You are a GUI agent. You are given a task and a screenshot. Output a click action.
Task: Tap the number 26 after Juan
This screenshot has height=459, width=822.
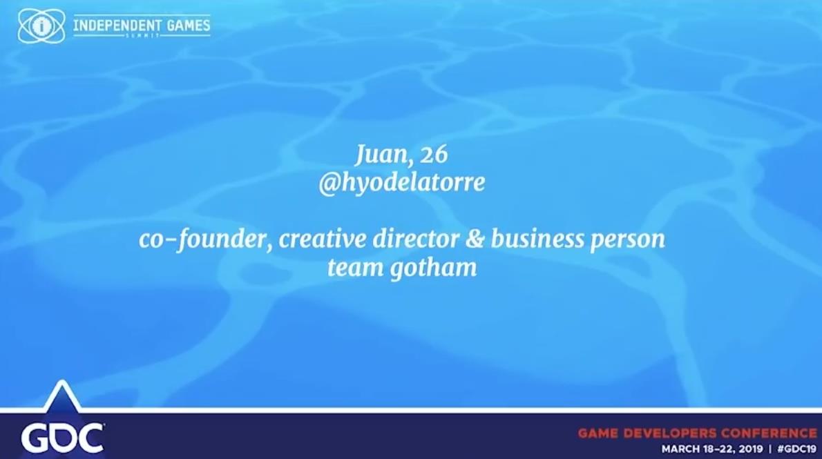tap(434, 154)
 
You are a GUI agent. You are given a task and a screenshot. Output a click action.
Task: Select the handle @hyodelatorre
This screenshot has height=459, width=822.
tap(402, 183)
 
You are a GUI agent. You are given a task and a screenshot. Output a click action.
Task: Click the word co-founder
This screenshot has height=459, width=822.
tap(205, 240)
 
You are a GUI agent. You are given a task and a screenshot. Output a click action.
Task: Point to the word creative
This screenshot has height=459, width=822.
tap(323, 239)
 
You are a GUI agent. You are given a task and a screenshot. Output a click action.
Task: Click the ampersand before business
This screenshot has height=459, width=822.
tap(475, 240)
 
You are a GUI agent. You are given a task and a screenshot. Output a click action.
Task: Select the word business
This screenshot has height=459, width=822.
tap(537, 239)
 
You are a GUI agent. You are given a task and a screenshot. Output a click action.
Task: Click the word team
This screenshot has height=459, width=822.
tap(356, 268)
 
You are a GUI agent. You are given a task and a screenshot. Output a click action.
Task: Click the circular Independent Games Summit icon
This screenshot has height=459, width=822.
tap(41, 26)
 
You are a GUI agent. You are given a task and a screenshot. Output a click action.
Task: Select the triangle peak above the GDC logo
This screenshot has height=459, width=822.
tap(63, 381)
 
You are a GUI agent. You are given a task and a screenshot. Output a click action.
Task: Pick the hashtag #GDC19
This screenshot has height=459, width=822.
tap(797, 449)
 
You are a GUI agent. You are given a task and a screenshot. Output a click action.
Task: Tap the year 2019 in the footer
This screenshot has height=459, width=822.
tap(751, 449)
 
